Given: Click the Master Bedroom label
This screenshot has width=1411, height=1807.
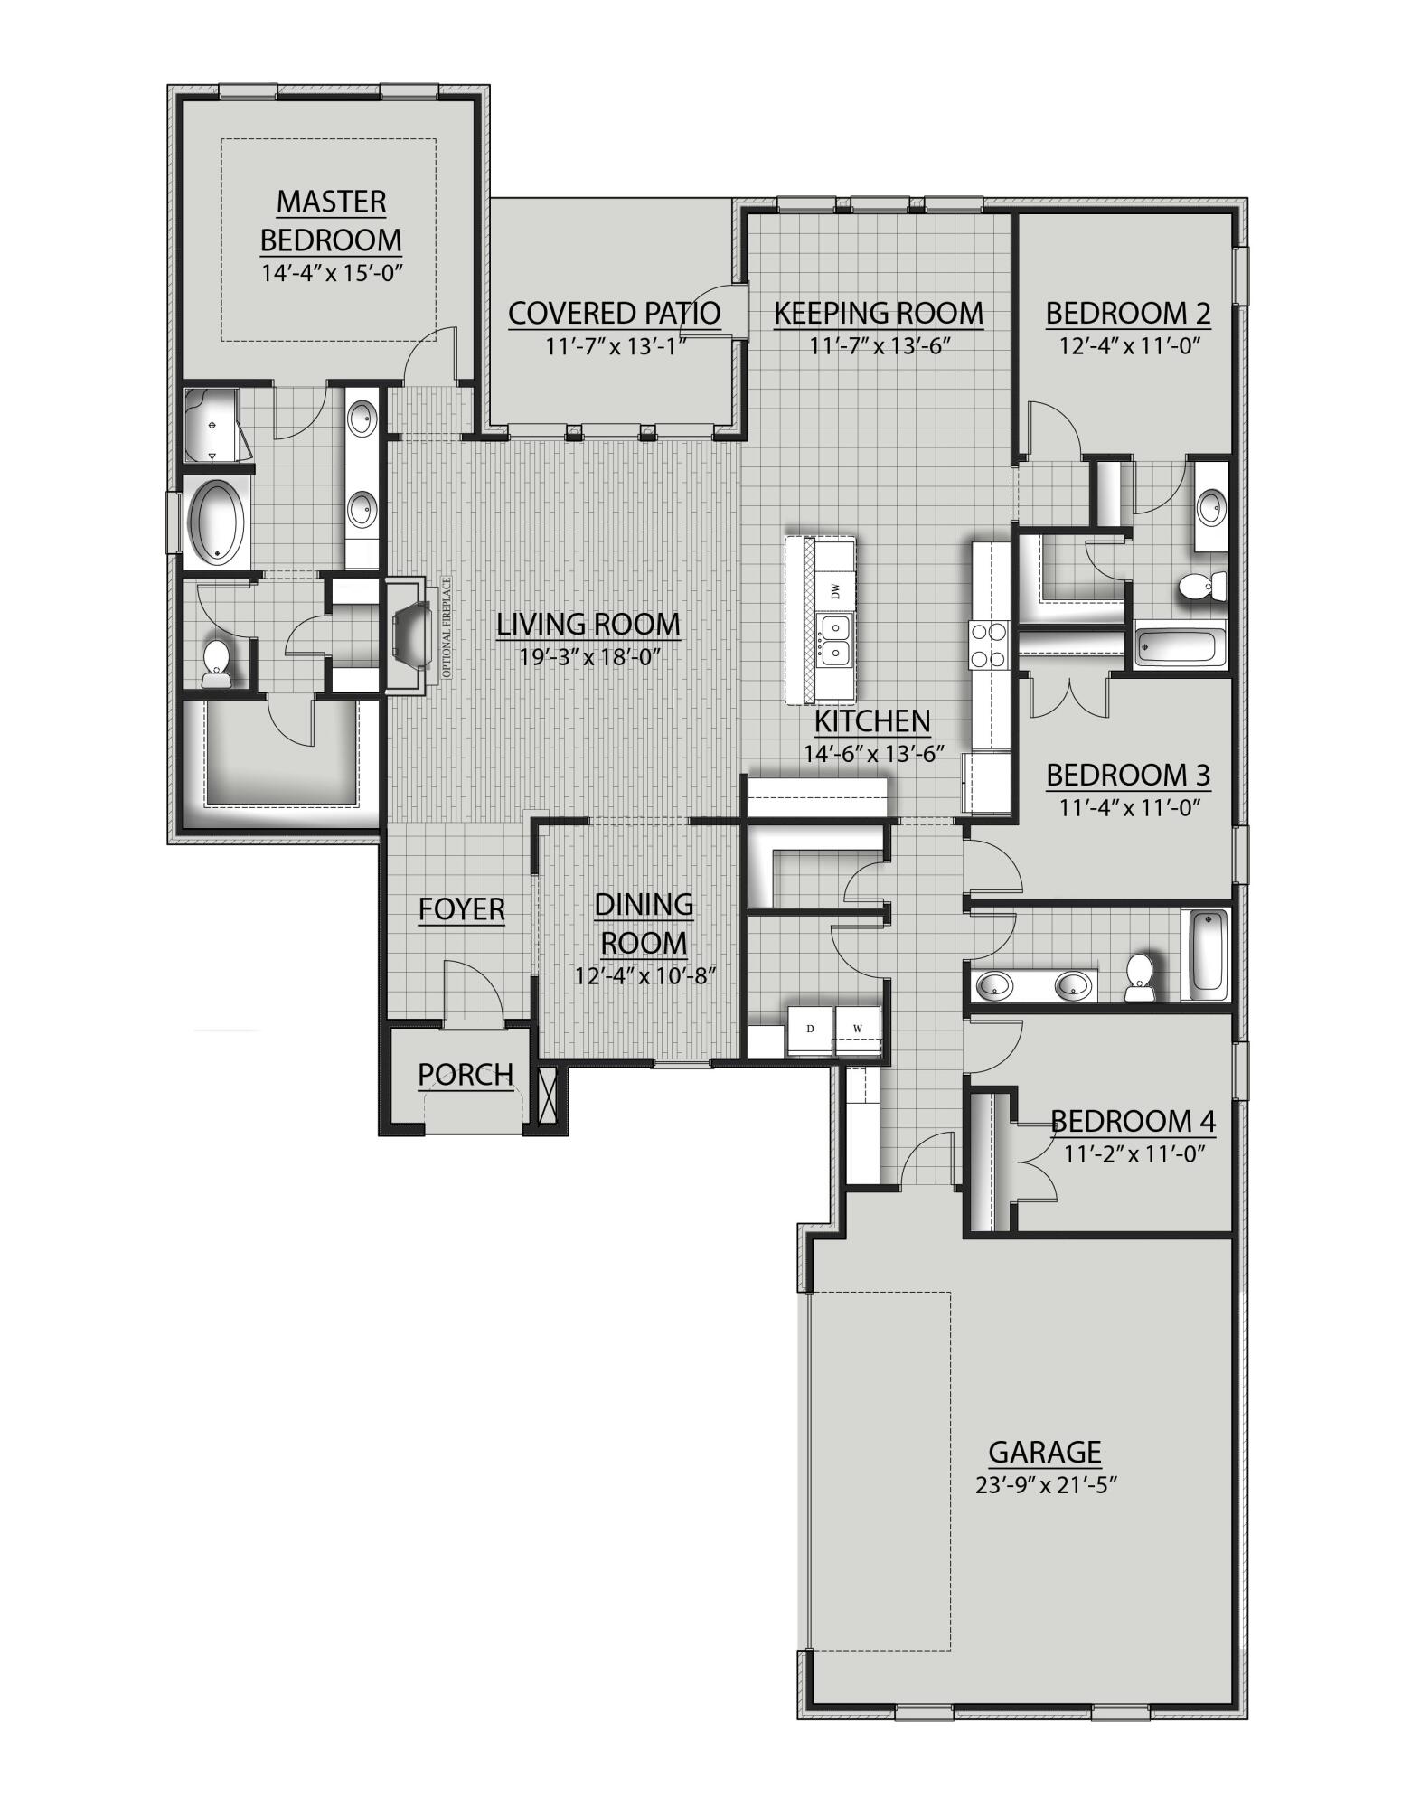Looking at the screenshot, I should (x=331, y=221).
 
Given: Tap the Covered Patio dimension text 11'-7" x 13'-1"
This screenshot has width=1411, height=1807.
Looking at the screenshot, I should (x=614, y=346).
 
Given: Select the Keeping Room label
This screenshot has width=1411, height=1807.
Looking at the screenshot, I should (x=878, y=313).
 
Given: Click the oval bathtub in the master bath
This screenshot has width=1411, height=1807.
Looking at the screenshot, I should (x=217, y=522).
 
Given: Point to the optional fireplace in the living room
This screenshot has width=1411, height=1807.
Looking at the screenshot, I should (x=414, y=638).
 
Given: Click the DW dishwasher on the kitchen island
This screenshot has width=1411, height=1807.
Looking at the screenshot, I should (x=835, y=592).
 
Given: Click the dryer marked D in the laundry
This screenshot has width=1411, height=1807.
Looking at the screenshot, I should (x=810, y=1030).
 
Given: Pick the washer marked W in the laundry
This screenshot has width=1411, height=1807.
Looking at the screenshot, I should (x=857, y=1030).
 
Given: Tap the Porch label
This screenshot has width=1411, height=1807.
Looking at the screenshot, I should (x=466, y=1075).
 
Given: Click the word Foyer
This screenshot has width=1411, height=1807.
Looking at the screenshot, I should (x=461, y=909).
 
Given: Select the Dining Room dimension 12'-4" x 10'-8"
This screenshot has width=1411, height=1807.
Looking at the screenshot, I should (x=644, y=976).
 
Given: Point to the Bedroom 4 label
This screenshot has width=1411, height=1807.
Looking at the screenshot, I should (x=1133, y=1122).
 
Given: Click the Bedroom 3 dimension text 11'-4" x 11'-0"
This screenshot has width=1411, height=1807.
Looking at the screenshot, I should (x=1128, y=807).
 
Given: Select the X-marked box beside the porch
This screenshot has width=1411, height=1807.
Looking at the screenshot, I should (x=546, y=1096).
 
